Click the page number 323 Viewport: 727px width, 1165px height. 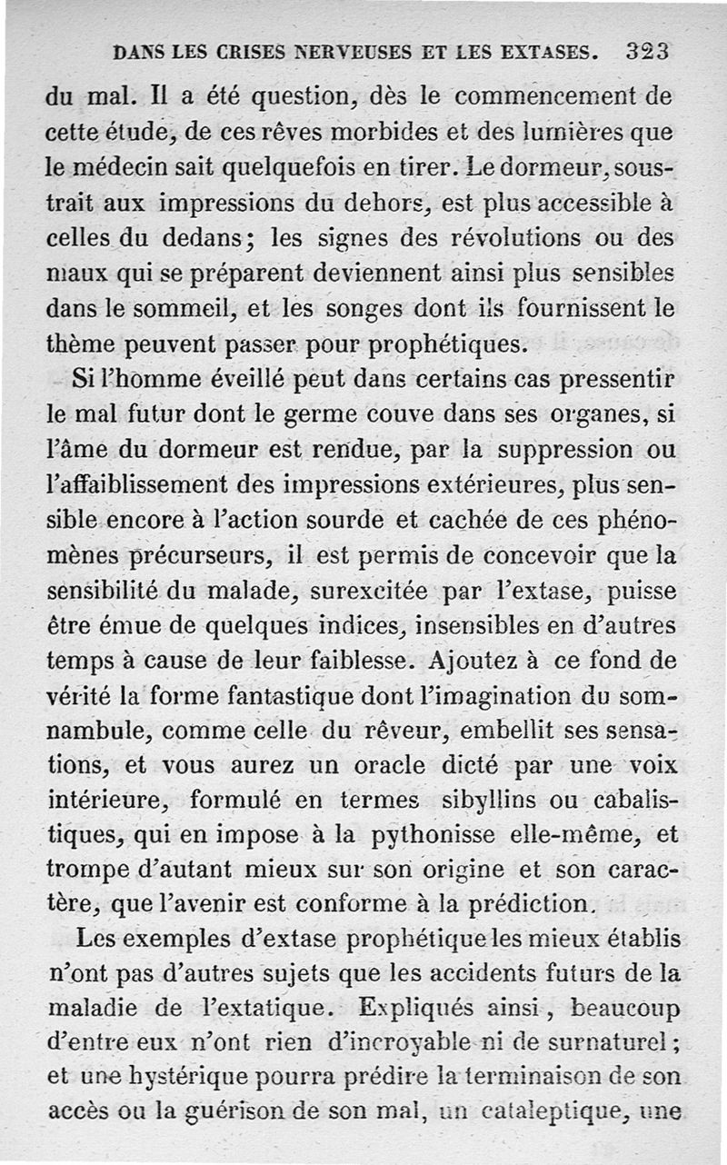pos(647,52)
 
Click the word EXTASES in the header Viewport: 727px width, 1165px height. pos(545,53)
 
